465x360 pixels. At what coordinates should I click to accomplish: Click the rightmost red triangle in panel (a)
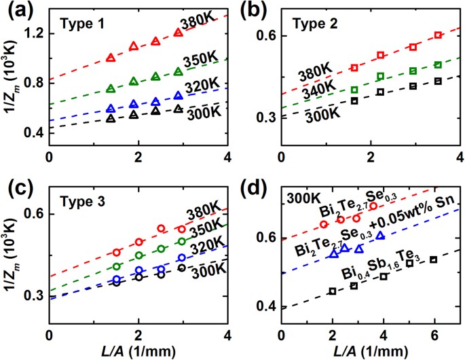tap(179, 32)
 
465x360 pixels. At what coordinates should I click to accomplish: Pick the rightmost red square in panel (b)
tap(438, 35)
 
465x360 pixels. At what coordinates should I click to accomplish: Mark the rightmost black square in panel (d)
tap(433, 259)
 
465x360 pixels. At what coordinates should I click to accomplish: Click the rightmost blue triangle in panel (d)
tap(381, 235)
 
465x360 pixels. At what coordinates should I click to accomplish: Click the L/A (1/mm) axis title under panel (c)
tap(138, 352)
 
